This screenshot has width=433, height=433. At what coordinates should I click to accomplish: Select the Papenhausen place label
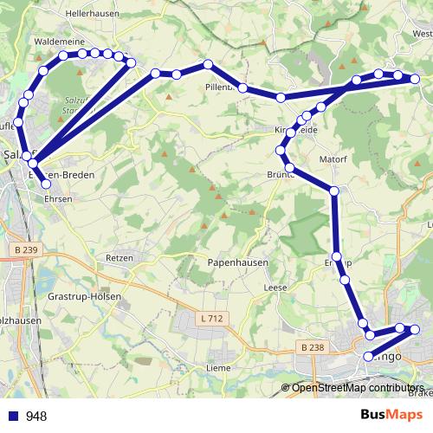[238, 262]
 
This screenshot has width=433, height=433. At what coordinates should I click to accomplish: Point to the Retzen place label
[119, 258]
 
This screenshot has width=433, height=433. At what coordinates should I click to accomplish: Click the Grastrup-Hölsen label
[84, 295]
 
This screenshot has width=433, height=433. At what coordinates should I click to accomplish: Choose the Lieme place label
[217, 368]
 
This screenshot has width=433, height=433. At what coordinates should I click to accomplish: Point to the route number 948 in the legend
[36, 416]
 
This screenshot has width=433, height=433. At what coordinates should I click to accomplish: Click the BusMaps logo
[393, 415]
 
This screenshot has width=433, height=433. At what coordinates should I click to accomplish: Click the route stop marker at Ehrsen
[47, 184]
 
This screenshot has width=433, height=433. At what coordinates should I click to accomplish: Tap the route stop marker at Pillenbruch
[243, 87]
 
